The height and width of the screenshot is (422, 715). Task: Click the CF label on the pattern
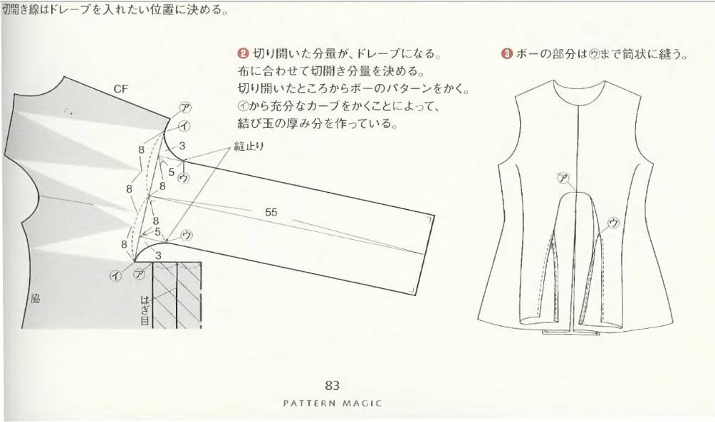click(121, 90)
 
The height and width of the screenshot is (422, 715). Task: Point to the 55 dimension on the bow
click(271, 212)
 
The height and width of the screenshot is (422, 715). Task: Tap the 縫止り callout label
click(249, 147)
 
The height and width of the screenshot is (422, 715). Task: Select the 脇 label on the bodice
click(35, 299)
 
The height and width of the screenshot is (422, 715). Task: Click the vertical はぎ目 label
click(145, 310)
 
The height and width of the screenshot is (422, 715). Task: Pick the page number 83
click(333, 386)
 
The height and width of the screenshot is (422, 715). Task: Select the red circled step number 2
click(243, 54)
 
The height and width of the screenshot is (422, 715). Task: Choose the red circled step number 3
click(506, 54)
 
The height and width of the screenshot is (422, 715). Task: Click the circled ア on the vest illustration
click(563, 178)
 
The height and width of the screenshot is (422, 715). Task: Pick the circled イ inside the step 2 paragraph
click(243, 106)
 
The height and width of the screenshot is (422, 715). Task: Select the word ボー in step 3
click(528, 54)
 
